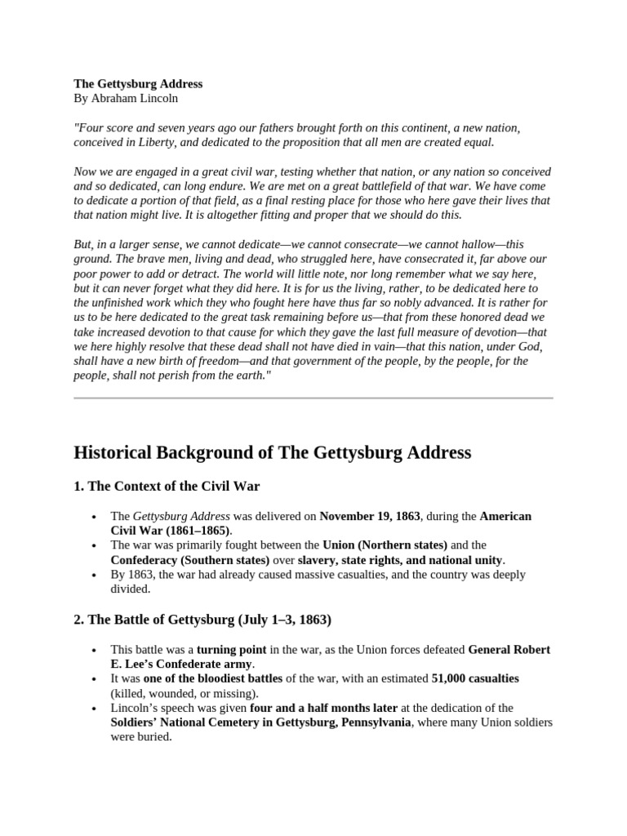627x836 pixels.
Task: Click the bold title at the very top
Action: tap(138, 83)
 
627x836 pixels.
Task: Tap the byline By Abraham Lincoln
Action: tap(126, 98)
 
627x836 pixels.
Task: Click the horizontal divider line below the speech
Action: tap(313, 398)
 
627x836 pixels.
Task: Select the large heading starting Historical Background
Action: tap(272, 452)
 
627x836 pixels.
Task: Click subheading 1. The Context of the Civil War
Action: tap(167, 487)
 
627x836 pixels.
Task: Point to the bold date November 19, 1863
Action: tap(369, 516)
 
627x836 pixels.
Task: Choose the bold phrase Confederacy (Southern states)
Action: tap(190, 559)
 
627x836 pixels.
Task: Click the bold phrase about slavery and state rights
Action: tap(400, 559)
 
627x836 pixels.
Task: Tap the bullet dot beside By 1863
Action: tap(96, 575)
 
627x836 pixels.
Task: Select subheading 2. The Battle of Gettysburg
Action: tap(202, 620)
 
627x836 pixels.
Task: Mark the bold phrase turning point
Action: tap(231, 649)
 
